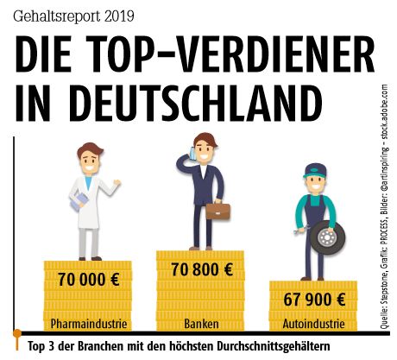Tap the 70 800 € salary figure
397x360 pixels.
199,269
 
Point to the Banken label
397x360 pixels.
200,325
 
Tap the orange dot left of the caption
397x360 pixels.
16,333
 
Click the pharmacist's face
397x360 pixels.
91,162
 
